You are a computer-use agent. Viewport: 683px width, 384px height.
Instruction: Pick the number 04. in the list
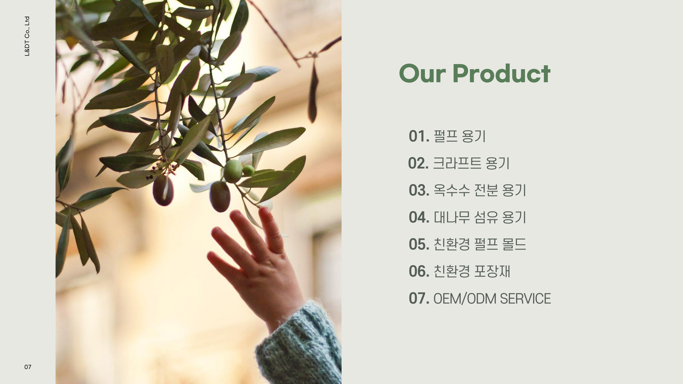pyautogui.click(x=419, y=217)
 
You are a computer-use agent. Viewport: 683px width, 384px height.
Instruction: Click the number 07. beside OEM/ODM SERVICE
pyautogui.click(x=419, y=298)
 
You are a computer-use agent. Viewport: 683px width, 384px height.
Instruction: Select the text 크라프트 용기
pyautogui.click(x=471, y=163)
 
